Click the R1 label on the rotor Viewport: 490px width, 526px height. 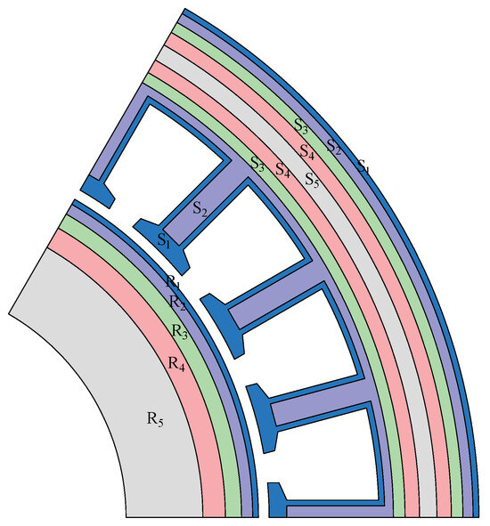[x=172, y=281]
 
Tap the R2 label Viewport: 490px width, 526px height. [x=177, y=301]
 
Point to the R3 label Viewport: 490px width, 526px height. [x=180, y=331]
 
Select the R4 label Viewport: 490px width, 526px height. [x=176, y=362]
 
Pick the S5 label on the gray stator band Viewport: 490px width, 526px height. [x=312, y=179]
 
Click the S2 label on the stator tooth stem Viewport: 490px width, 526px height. [x=200, y=209]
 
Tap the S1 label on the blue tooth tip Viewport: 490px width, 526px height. [x=163, y=239]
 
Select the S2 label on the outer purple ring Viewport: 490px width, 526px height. [x=334, y=146]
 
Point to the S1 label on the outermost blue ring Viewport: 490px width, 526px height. [x=363, y=166]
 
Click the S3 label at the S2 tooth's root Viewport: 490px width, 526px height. [x=257, y=163]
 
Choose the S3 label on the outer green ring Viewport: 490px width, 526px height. [x=302, y=125]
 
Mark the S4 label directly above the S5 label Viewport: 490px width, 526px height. [x=307, y=150]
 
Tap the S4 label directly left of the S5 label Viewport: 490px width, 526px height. [x=282, y=168]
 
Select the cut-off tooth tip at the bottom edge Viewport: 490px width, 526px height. [x=278, y=503]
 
